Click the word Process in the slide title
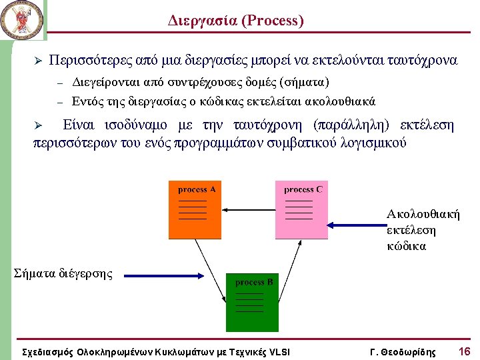274,21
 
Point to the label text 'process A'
197,189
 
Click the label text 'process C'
303,189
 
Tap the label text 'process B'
254,282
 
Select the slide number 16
464,351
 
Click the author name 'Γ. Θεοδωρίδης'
402,352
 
